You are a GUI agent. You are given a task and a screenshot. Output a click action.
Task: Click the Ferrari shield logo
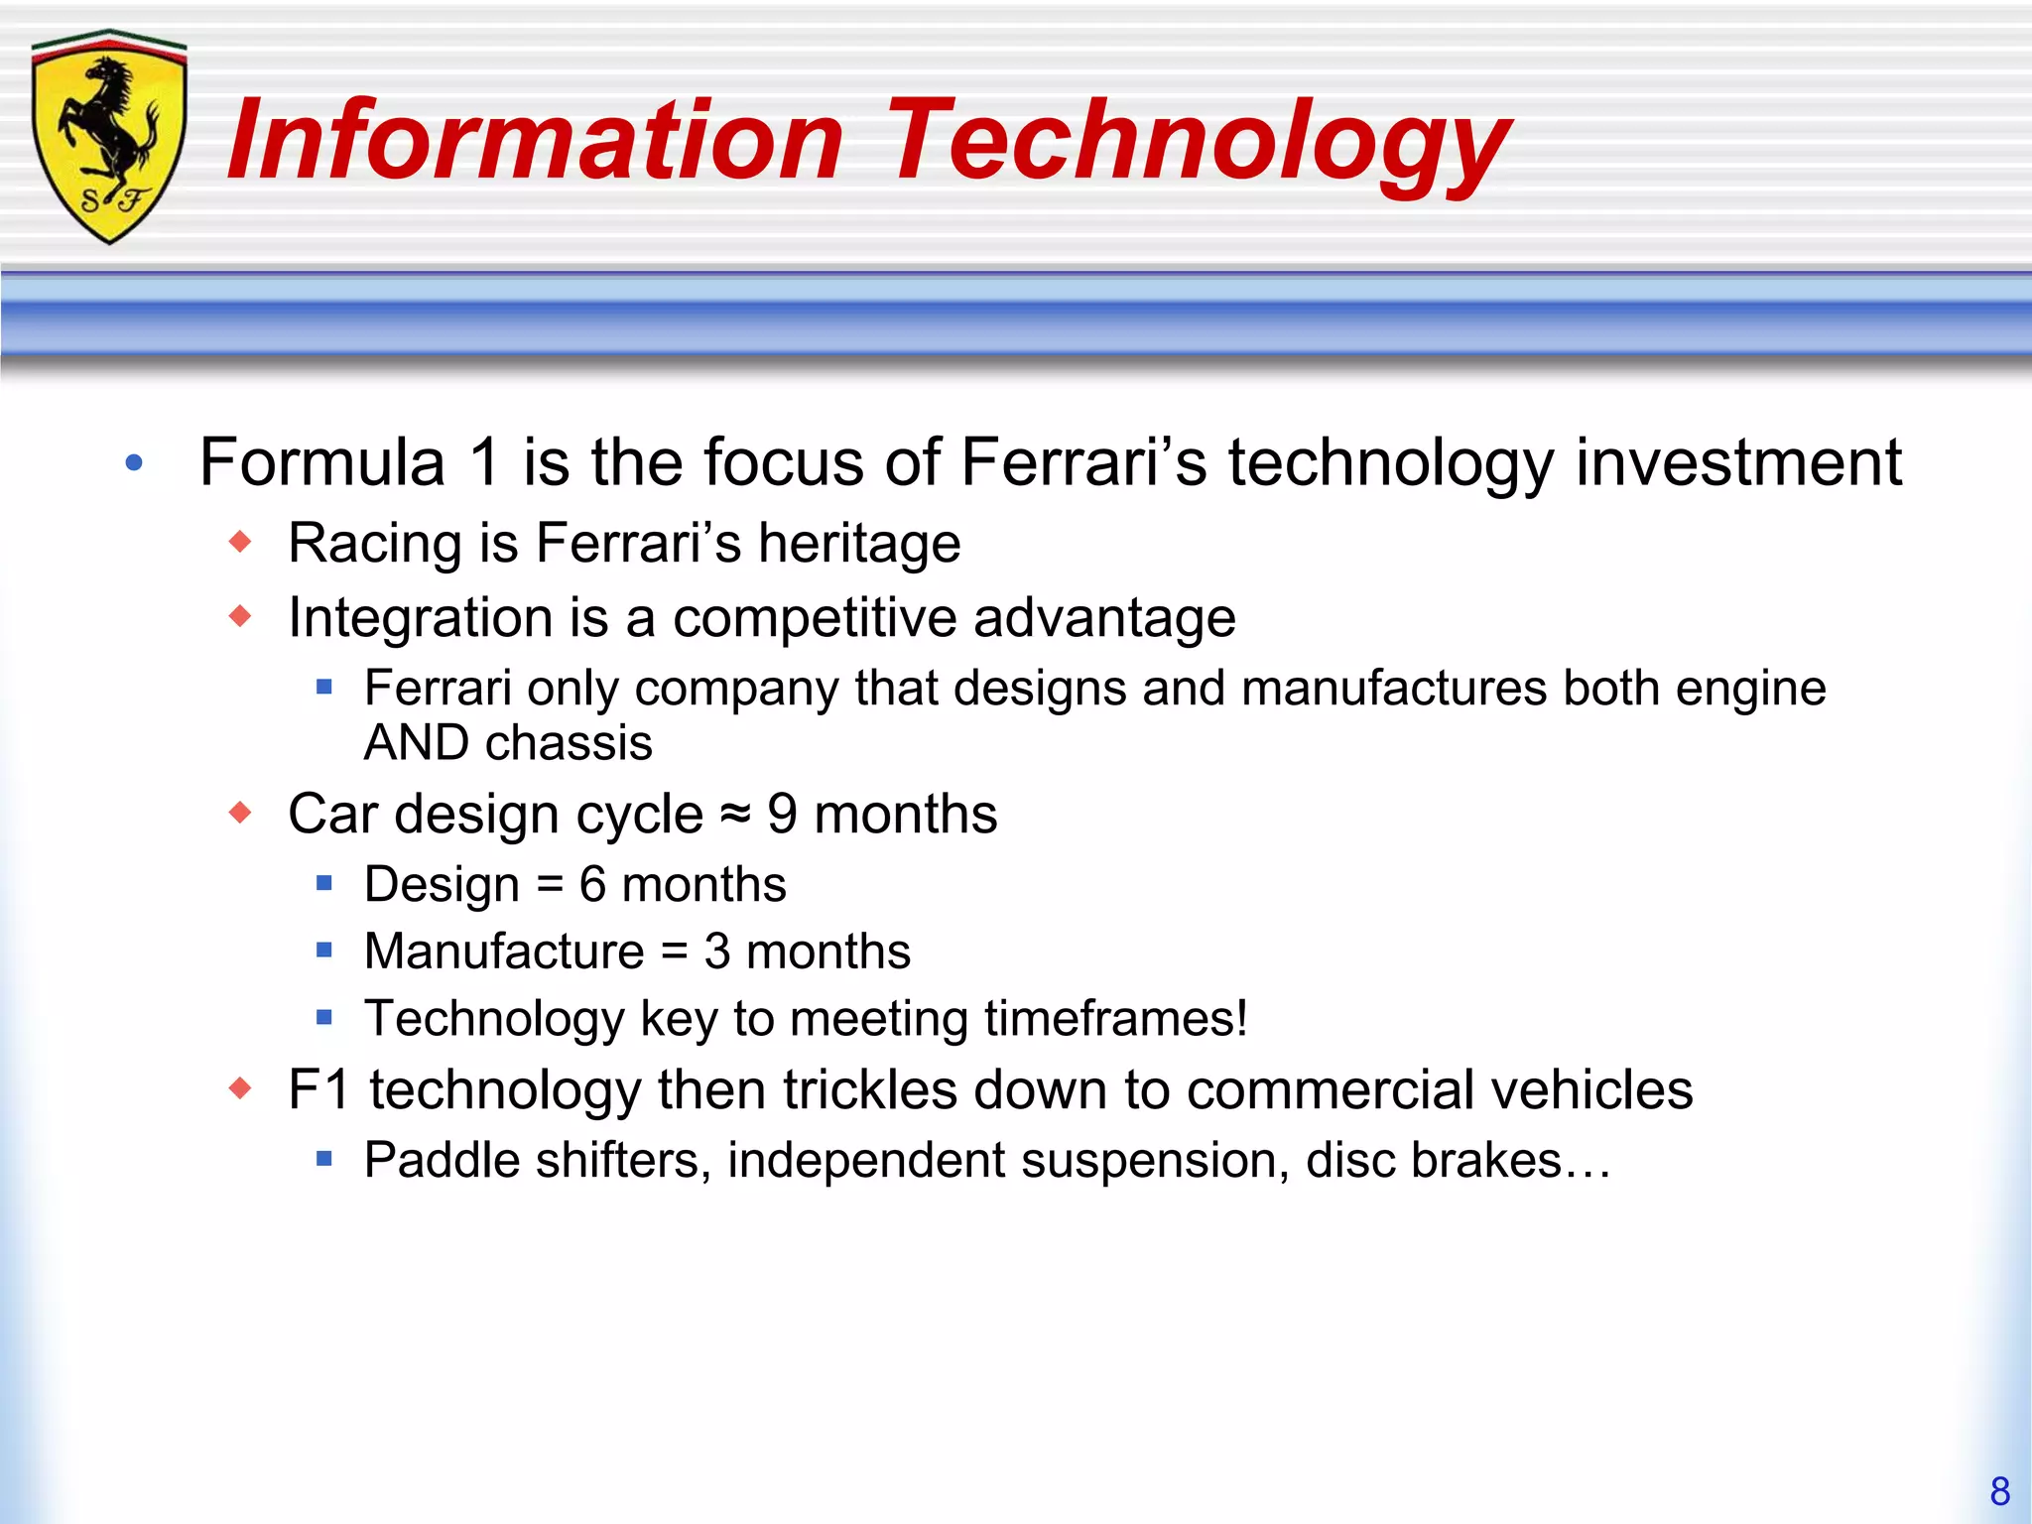pos(109,137)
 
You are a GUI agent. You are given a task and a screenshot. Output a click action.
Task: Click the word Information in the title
pos(535,141)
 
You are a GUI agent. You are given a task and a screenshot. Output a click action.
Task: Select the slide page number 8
pos(1999,1491)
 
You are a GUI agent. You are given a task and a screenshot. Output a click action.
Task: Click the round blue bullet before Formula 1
pos(135,462)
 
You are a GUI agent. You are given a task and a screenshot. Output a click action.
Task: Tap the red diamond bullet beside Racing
pos(240,542)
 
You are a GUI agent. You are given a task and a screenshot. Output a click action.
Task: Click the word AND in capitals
pos(417,743)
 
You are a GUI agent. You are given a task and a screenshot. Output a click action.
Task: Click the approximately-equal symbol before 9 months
pos(734,815)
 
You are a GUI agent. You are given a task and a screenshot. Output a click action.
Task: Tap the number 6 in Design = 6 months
pos(592,884)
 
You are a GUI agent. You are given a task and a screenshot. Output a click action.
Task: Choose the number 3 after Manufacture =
pos(716,952)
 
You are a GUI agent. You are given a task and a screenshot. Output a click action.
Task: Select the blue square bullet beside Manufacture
pos(323,951)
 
